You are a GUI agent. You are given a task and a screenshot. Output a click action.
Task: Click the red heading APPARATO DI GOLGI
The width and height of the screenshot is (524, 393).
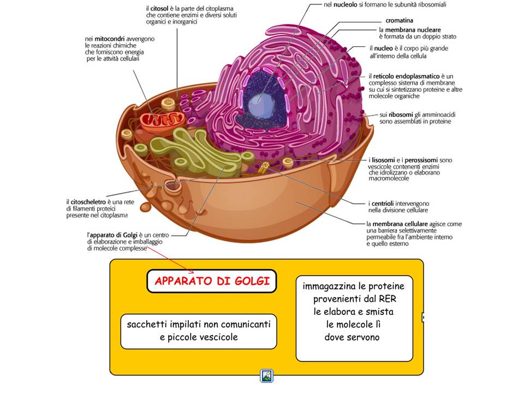pyautogui.click(x=212, y=281)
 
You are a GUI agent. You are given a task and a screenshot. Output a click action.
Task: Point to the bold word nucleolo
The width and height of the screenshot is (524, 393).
pyautogui.click(x=355, y=5)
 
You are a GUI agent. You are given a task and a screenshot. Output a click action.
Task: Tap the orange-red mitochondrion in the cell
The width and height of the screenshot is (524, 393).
pyautogui.click(x=161, y=121)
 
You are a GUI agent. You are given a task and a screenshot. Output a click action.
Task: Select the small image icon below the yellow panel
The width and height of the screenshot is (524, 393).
pyautogui.click(x=267, y=376)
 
